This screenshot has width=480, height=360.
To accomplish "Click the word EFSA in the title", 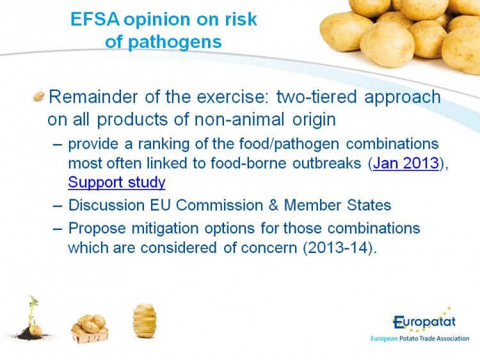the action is pos(95,19).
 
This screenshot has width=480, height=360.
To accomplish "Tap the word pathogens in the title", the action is pos(175,42).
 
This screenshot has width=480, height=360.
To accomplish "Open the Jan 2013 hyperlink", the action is pos(406,163).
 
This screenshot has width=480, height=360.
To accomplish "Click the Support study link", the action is pos(116,183).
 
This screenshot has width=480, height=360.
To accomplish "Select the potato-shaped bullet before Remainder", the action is pos(38,97).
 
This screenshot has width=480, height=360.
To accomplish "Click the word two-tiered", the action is pos(317,97).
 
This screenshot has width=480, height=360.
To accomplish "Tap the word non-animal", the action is pos(239,120).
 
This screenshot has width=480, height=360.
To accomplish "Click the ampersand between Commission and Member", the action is pos(273,205).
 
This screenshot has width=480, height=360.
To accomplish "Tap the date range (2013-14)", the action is pos(338,248).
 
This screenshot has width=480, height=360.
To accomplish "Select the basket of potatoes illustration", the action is pos(90,329).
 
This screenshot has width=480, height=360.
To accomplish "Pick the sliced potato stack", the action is pos(145,321).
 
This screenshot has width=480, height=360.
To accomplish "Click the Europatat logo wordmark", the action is pos(424,322).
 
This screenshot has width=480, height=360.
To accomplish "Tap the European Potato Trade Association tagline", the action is pos(420,339).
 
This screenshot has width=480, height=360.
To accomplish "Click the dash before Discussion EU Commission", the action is pos(57,206).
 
